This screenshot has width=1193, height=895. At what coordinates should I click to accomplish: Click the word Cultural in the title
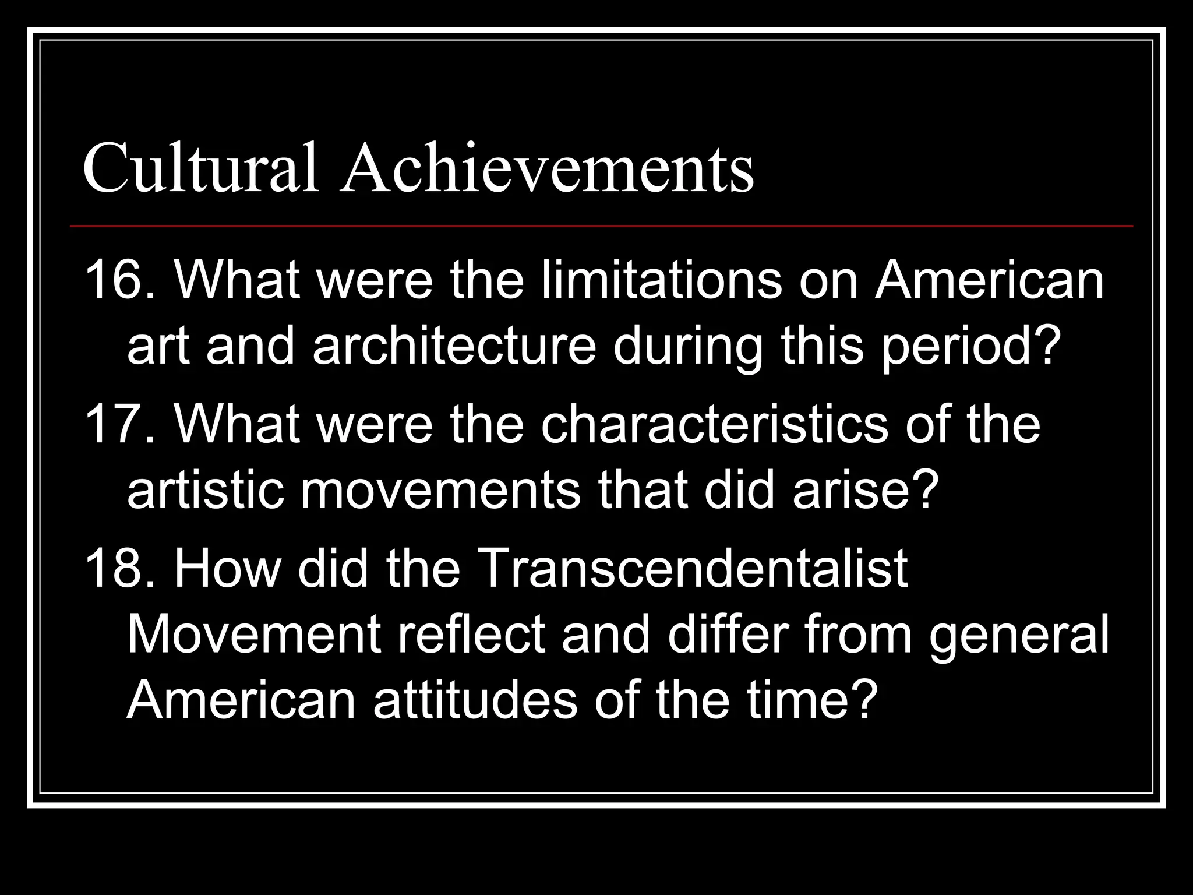[201, 169]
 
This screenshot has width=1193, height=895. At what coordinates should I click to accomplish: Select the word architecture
[454, 347]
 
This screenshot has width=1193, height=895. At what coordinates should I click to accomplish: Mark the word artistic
[204, 491]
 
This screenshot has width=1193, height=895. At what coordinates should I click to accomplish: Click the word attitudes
[475, 700]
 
